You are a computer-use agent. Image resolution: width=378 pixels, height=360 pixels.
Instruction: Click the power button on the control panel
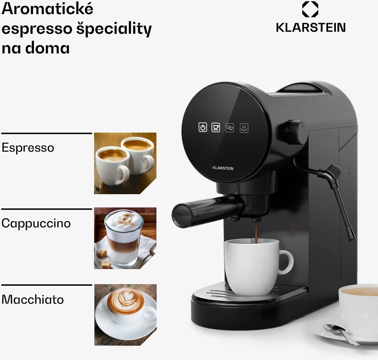tap(203, 127)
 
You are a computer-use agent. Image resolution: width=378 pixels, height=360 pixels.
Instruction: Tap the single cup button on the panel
tap(216, 127)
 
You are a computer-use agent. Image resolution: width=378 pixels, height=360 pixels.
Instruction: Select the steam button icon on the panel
tap(244, 128)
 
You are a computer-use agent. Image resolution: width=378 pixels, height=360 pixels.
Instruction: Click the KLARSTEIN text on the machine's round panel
tap(223, 168)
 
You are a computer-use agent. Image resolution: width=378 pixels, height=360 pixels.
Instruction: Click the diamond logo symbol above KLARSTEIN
tap(310, 9)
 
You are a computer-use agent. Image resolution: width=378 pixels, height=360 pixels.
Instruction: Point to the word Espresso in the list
tap(28, 148)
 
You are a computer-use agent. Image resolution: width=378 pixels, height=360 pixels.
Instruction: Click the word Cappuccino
tap(36, 223)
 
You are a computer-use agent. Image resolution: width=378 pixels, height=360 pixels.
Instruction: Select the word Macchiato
tap(33, 300)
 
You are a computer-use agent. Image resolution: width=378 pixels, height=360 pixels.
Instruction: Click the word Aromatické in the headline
tap(47, 9)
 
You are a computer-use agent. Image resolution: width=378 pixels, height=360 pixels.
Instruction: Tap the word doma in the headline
tap(47, 48)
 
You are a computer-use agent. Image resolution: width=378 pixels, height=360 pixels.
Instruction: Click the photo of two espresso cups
tap(125, 163)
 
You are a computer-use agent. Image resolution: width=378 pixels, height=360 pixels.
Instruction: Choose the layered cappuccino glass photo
tap(125, 238)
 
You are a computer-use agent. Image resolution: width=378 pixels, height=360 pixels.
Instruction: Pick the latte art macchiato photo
tap(125, 315)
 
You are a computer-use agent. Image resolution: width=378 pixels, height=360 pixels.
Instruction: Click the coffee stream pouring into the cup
tap(256, 233)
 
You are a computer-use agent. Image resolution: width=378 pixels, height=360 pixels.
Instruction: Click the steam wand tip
tap(352, 238)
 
